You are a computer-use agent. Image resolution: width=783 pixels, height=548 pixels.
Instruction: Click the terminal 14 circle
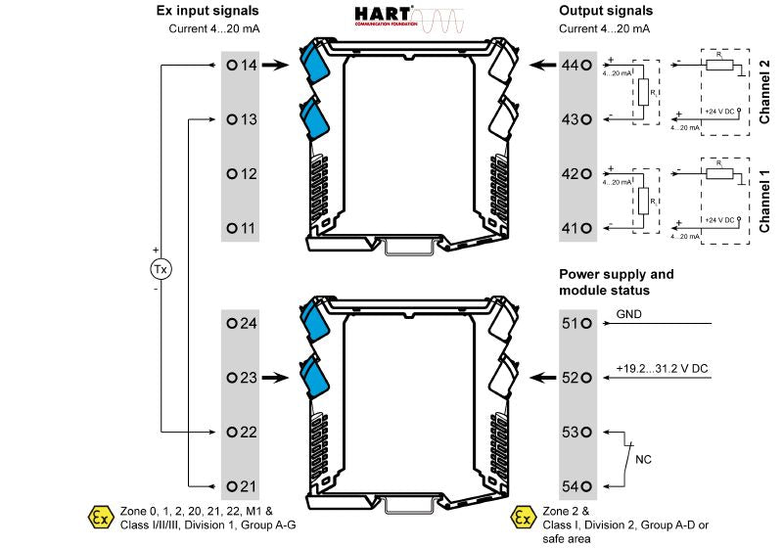[232, 66]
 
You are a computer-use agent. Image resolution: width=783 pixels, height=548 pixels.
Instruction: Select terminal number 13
[232, 119]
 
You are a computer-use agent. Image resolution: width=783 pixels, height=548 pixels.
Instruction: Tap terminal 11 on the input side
[232, 228]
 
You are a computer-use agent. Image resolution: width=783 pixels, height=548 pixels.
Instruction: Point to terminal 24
[232, 323]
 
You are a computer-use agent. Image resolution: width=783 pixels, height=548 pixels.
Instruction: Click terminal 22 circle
[232, 432]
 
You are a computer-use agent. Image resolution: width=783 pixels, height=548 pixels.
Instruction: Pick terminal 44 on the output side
[585, 66]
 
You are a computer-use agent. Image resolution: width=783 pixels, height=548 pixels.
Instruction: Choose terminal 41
[585, 228]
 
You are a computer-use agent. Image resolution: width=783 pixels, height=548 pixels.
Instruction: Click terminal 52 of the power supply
[585, 378]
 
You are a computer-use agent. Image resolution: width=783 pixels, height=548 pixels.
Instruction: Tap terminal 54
[585, 486]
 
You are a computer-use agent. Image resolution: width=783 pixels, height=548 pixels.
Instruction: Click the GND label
[628, 315]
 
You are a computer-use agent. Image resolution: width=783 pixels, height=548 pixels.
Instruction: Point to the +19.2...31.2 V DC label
[662, 369]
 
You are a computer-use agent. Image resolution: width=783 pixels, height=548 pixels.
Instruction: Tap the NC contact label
[644, 458]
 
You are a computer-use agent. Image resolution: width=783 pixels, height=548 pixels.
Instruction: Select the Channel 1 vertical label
[764, 200]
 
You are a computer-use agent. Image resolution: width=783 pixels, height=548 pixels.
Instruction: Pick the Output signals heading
[607, 11]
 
